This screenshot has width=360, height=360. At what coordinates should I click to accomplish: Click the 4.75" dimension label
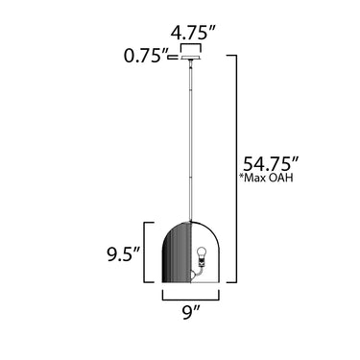[194, 33]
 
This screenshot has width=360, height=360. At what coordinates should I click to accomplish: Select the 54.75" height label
[272, 164]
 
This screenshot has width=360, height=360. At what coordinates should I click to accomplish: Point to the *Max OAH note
[266, 178]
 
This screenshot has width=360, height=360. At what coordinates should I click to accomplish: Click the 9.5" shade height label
[124, 254]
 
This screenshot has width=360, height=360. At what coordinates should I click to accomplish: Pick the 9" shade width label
[191, 313]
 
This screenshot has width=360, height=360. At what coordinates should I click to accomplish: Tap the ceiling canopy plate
[191, 58]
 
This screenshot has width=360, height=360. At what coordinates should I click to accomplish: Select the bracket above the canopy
[191, 44]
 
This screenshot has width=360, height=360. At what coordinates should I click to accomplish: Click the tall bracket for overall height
[236, 169]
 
